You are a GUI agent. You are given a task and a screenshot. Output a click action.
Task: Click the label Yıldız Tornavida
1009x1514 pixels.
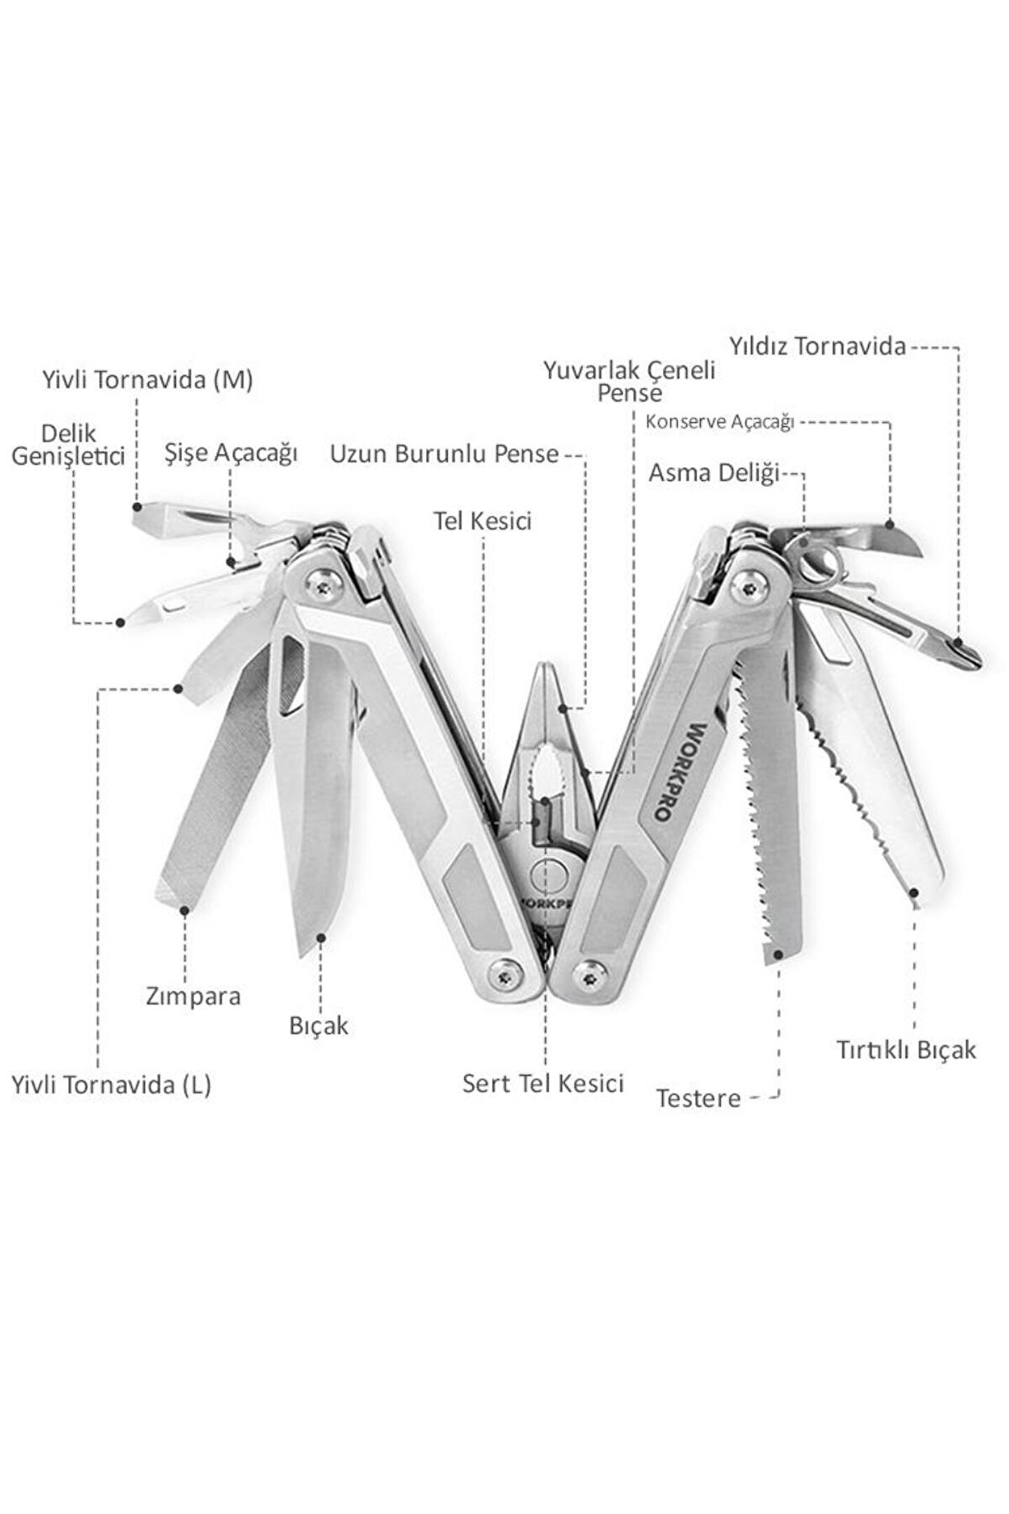[x=817, y=346]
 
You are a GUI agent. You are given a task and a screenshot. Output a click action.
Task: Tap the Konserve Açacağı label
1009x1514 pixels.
[x=719, y=423]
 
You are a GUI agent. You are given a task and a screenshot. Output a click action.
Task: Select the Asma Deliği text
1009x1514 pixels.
[x=713, y=473]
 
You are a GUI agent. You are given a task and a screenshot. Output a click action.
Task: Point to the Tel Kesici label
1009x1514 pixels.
[x=482, y=521]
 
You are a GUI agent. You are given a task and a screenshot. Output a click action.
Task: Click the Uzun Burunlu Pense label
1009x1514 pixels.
[x=444, y=454]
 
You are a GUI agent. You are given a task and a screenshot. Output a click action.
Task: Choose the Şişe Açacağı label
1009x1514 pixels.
[x=231, y=453]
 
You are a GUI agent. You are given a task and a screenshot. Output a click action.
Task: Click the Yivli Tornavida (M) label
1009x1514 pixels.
[x=147, y=381]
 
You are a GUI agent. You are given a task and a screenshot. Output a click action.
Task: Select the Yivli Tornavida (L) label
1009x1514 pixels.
[x=111, y=1085]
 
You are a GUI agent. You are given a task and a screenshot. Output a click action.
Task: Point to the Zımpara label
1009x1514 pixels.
[x=193, y=996]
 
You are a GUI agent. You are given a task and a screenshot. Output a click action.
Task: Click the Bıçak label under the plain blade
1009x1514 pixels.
[x=318, y=1026]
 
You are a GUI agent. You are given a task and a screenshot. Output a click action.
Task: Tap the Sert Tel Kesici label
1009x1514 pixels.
[x=542, y=1084]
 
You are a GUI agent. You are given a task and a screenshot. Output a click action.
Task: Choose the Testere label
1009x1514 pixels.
[x=698, y=1098]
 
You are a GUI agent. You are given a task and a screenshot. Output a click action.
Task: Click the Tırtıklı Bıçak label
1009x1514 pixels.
[x=905, y=1050]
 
